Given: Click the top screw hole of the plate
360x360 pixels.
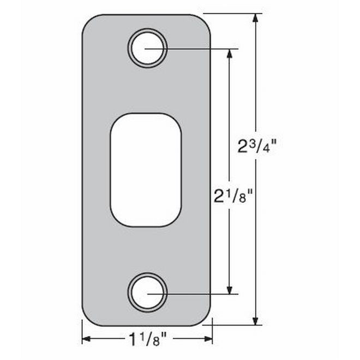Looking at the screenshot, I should coord(147,48).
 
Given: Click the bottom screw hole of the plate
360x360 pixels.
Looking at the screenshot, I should coord(147,293).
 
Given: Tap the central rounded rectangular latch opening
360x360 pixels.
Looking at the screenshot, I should coord(146,170).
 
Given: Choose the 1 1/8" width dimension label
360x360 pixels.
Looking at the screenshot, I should coord(147,340).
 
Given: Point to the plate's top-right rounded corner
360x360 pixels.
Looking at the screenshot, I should coord(205,21).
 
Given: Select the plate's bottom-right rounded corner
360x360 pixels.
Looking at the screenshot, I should coord(205,320).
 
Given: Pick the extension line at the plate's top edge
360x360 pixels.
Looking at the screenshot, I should coord(232,14).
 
